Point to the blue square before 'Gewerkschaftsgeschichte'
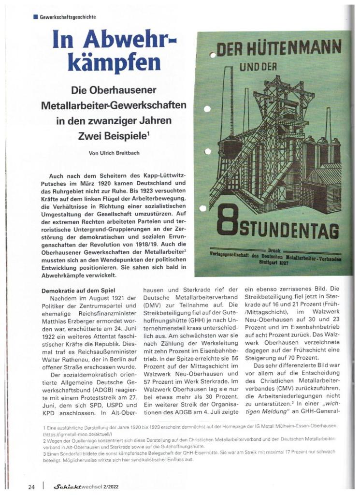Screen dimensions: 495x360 point(35,17)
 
